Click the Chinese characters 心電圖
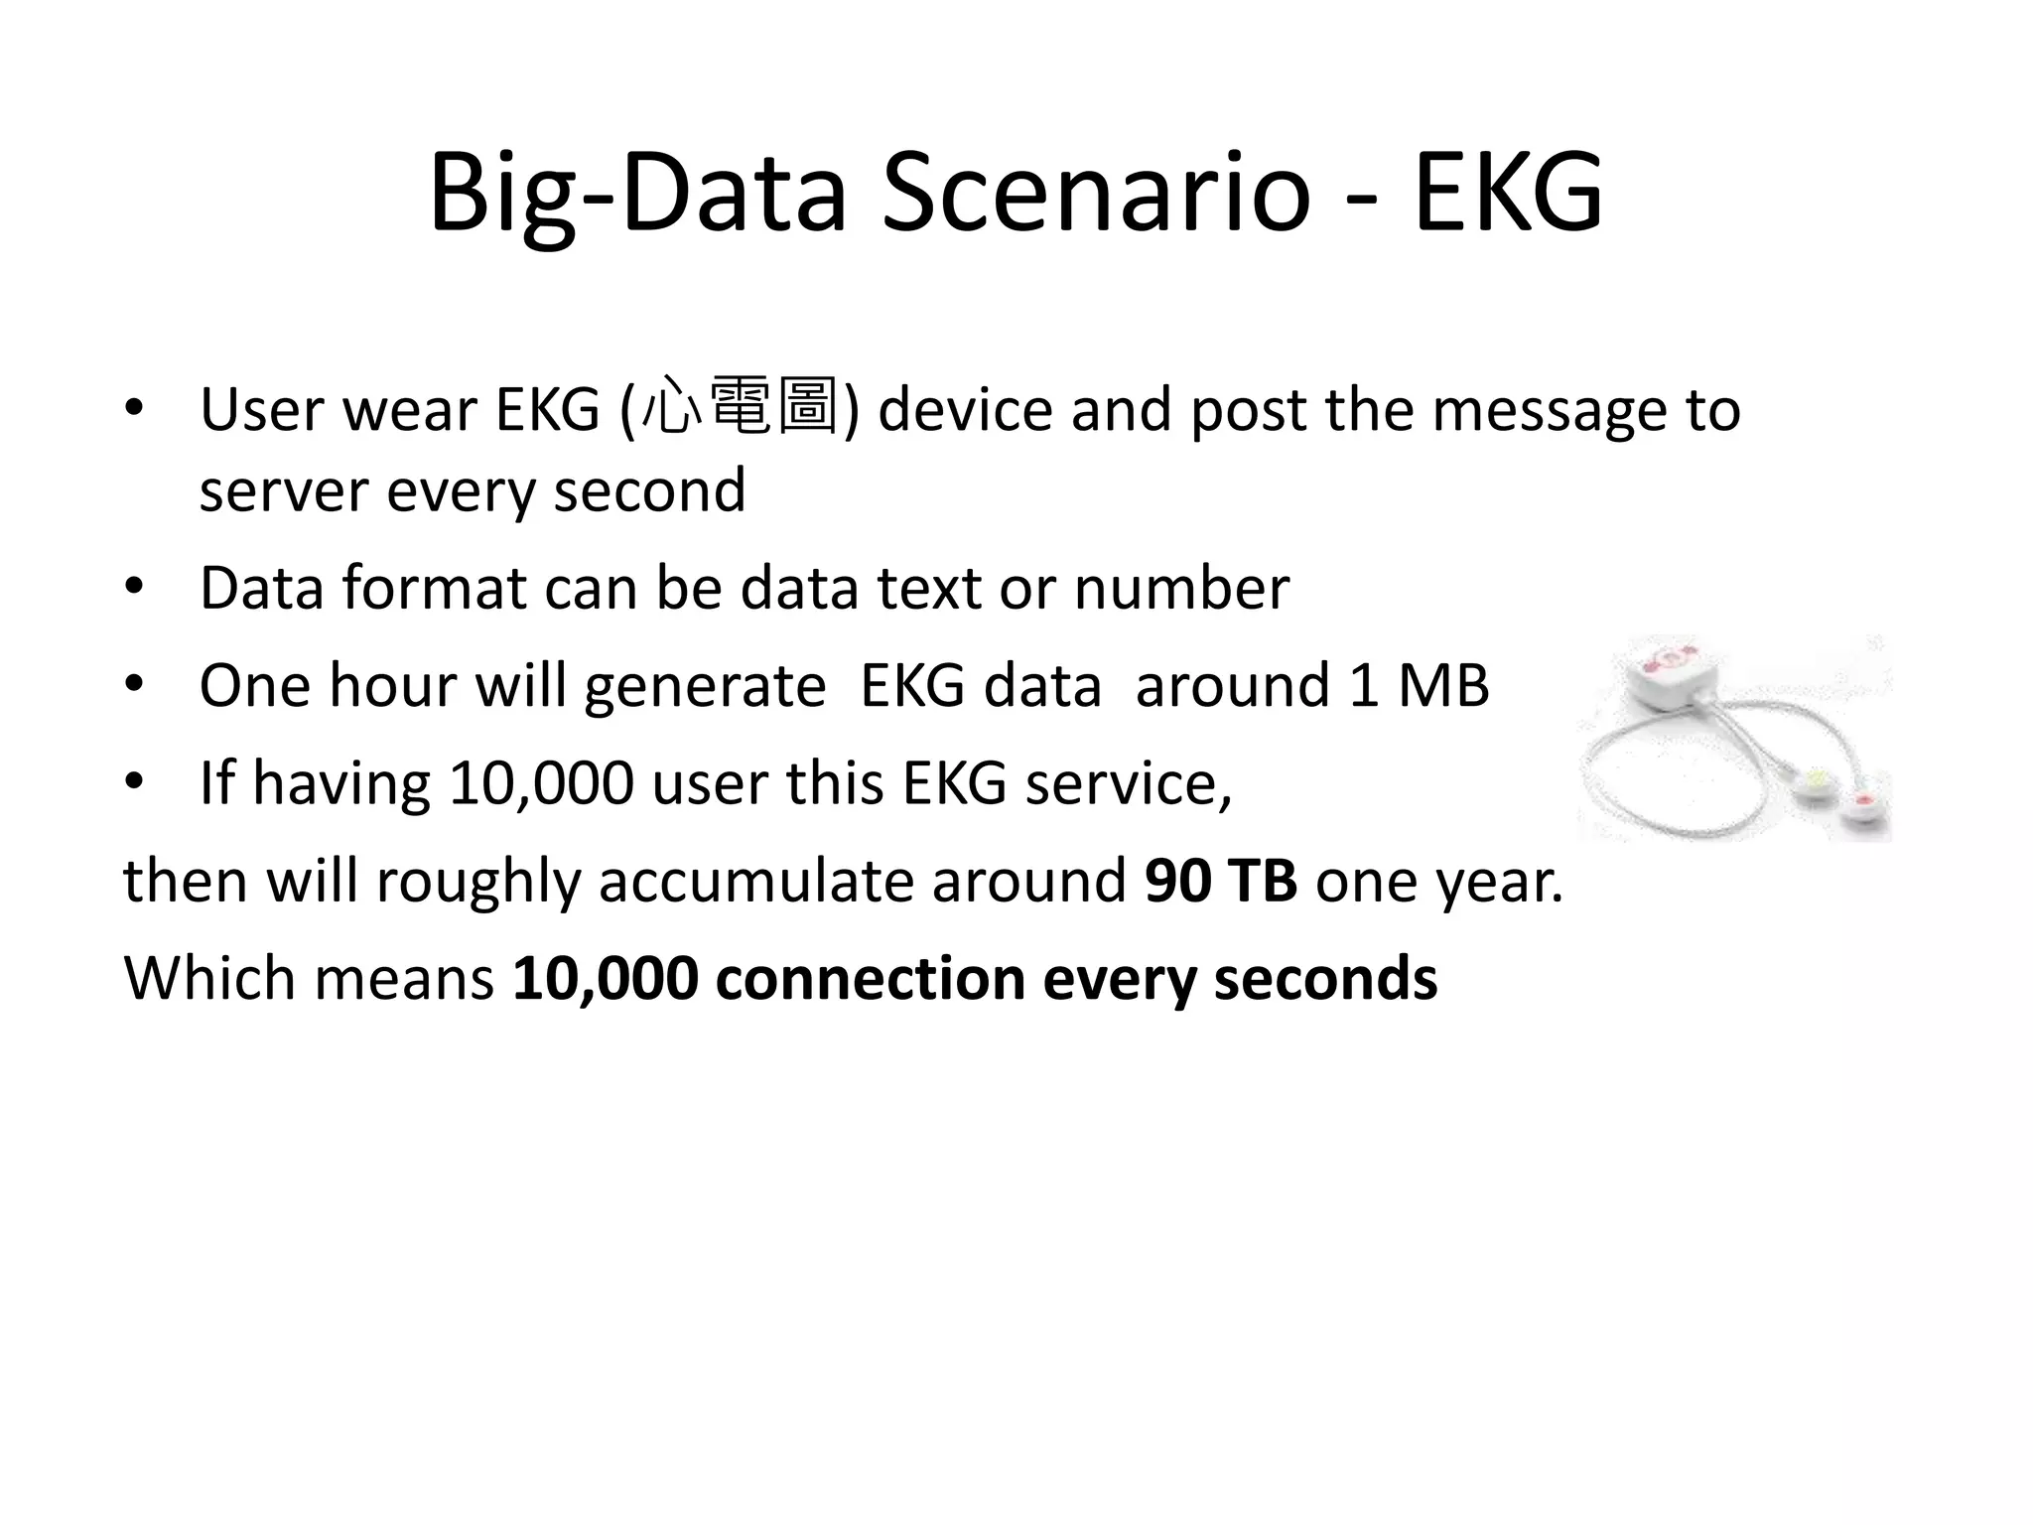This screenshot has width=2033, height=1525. (x=740, y=407)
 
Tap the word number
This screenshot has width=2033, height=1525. (x=1181, y=588)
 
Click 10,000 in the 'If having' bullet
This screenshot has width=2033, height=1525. (x=541, y=783)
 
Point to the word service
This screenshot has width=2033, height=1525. (x=1128, y=783)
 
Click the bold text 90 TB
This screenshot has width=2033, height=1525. (x=1220, y=881)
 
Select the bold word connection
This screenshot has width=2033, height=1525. (x=870, y=979)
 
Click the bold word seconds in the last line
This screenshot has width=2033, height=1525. (x=1325, y=979)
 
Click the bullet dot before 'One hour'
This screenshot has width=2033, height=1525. (x=134, y=685)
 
